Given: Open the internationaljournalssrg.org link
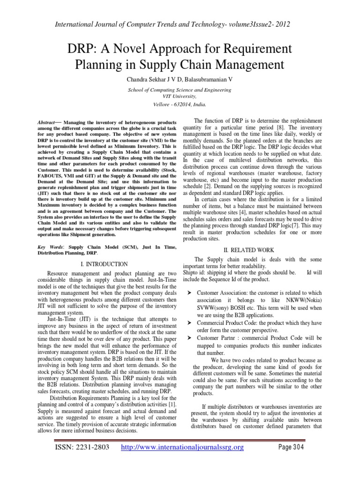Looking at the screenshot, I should [182, 448].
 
